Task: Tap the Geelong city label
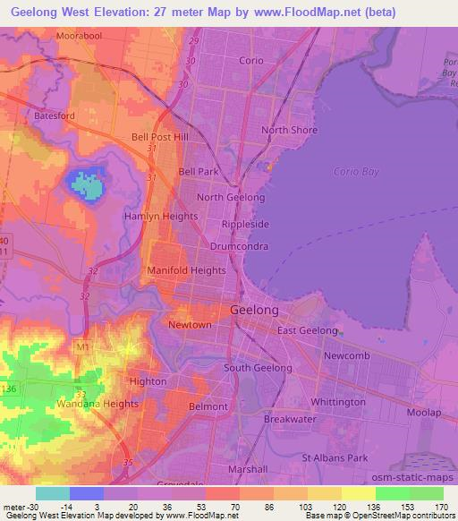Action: (255, 309)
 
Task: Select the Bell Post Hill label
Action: (160, 137)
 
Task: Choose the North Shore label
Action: (289, 130)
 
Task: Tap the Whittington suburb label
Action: (332, 402)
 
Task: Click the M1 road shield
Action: (83, 346)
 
